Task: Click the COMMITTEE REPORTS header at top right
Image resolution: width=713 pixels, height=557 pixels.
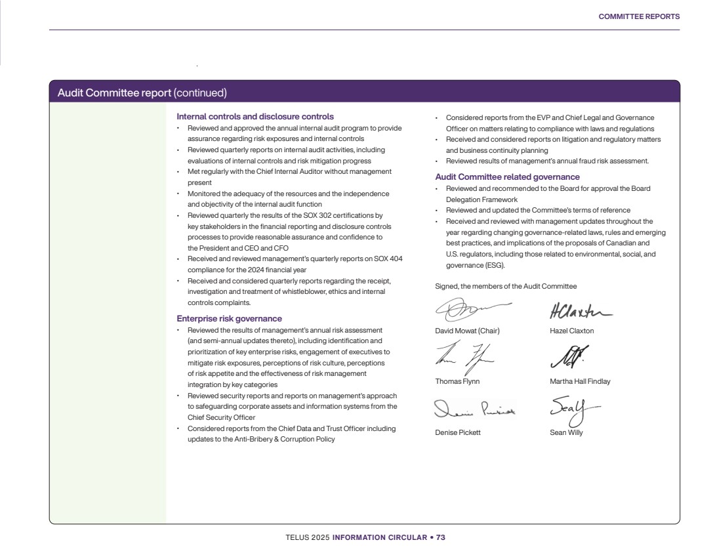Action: click(x=639, y=16)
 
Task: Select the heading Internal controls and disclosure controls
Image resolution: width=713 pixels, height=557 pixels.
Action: click(x=255, y=117)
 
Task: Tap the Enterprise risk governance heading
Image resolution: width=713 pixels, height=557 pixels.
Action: click(x=230, y=319)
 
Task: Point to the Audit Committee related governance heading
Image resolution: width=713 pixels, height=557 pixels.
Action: click(x=507, y=177)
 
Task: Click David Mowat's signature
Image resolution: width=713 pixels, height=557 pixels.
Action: click(x=469, y=308)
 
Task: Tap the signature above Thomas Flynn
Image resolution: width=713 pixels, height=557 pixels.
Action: click(x=464, y=358)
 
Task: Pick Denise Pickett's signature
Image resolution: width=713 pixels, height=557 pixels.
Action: click(x=474, y=410)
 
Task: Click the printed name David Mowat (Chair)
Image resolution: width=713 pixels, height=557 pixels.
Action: click(x=467, y=331)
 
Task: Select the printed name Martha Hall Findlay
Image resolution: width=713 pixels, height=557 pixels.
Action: click(x=580, y=381)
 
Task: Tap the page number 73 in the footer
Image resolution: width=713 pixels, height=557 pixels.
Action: click(x=441, y=537)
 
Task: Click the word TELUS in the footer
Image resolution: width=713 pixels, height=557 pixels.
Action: click(x=296, y=537)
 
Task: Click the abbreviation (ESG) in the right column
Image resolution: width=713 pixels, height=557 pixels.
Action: click(x=494, y=265)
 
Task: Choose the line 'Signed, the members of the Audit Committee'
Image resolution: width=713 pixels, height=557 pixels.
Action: click(x=506, y=286)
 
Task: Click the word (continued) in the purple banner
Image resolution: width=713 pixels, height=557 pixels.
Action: click(x=200, y=93)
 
